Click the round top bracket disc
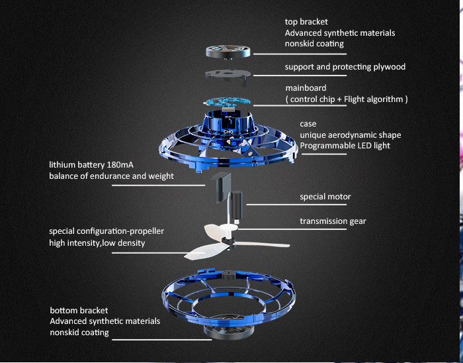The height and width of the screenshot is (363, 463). coord(228,52)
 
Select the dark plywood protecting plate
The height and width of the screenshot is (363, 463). coord(229,72)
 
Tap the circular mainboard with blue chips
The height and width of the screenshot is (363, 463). coord(229,104)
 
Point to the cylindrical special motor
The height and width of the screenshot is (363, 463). coord(237,197)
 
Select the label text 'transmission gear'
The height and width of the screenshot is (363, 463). coord(333,221)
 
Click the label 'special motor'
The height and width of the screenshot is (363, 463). coord(325,197)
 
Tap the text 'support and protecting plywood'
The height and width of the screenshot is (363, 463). coord(345,67)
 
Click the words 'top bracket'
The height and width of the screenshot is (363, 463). coord(307,21)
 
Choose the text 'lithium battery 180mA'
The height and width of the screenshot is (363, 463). coord(91,165)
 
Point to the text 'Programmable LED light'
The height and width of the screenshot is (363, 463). coord(344,146)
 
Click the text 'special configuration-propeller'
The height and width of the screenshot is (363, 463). coord(106,231)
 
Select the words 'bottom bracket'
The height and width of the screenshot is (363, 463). coord(79,310)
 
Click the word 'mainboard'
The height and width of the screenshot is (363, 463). coord(306,88)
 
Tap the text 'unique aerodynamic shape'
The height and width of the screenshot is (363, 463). coord(350,135)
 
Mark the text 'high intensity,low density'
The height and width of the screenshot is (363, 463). coord(97,243)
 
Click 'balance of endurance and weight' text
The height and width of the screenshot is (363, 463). coord(111,176)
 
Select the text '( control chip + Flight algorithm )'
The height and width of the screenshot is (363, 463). coord(346,99)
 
